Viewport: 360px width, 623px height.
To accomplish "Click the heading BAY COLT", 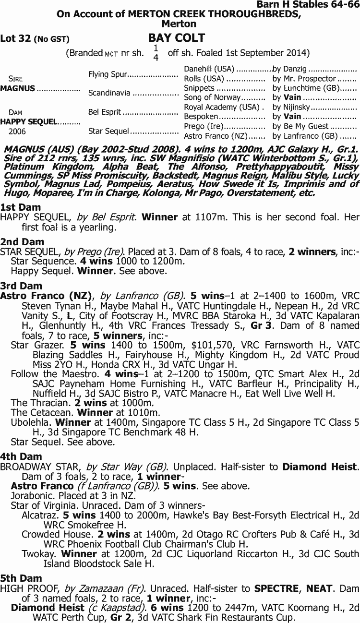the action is (x=177, y=38).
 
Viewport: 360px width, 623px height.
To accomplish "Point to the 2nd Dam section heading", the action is (x=23, y=242).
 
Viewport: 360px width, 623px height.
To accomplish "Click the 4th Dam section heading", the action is (x=21, y=456).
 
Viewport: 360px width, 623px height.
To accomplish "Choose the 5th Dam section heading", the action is (x=21, y=578).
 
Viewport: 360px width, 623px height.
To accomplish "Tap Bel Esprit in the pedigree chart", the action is (x=105, y=112).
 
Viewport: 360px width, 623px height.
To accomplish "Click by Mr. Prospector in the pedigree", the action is (x=304, y=79).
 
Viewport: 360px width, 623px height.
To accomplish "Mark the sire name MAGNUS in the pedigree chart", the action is (x=18, y=88).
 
